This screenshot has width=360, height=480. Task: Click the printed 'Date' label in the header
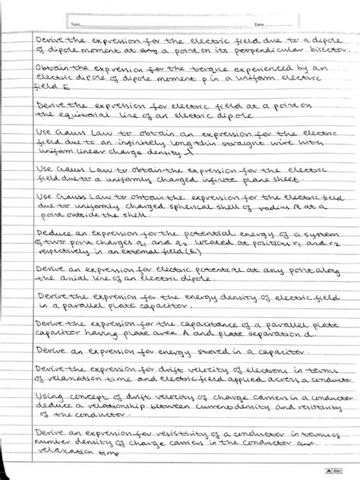coord(259,24)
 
